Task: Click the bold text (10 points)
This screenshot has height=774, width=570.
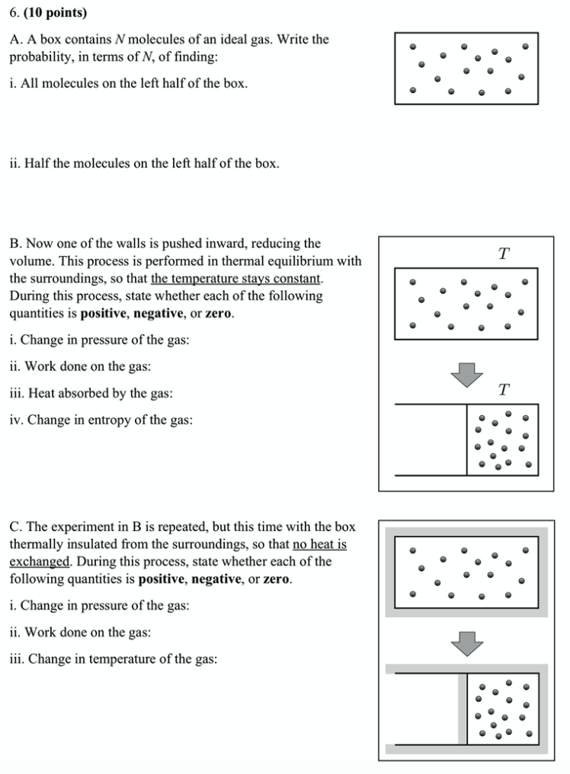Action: click(x=56, y=13)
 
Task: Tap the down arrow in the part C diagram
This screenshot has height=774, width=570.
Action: click(x=466, y=643)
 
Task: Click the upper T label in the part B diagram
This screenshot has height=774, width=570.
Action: click(x=503, y=254)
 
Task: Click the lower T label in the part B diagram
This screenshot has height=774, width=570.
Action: click(x=503, y=390)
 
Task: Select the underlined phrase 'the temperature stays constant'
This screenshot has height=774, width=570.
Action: click(x=236, y=279)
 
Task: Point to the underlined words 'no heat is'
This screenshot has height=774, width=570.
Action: click(x=319, y=545)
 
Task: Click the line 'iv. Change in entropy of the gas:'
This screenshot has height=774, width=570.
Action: click(x=101, y=420)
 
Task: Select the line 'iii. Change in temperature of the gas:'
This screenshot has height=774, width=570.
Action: click(x=114, y=659)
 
